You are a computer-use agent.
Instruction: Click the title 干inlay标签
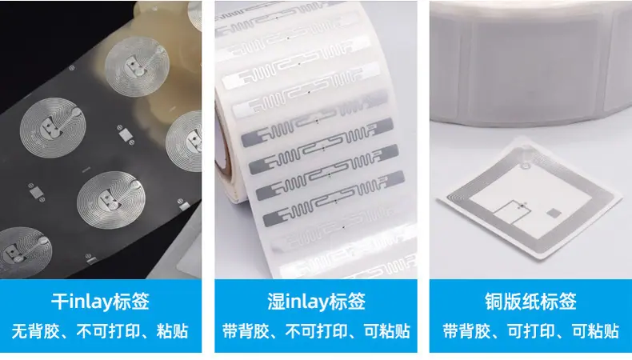(100, 302)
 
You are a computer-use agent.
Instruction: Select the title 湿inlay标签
(316, 302)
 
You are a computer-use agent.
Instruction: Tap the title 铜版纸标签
(530, 302)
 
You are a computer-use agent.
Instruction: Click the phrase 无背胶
(34, 331)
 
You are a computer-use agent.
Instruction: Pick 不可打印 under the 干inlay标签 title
(108, 331)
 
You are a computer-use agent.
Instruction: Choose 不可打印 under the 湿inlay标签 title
(317, 331)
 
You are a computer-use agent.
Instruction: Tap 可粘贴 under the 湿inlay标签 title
(387, 331)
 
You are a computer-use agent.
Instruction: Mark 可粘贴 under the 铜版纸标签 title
(595, 331)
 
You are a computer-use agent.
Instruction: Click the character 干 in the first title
(60, 302)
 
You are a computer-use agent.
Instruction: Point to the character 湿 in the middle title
(276, 302)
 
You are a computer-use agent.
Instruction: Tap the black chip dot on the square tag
(522, 206)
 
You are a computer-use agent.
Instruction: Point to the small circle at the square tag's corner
(524, 166)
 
